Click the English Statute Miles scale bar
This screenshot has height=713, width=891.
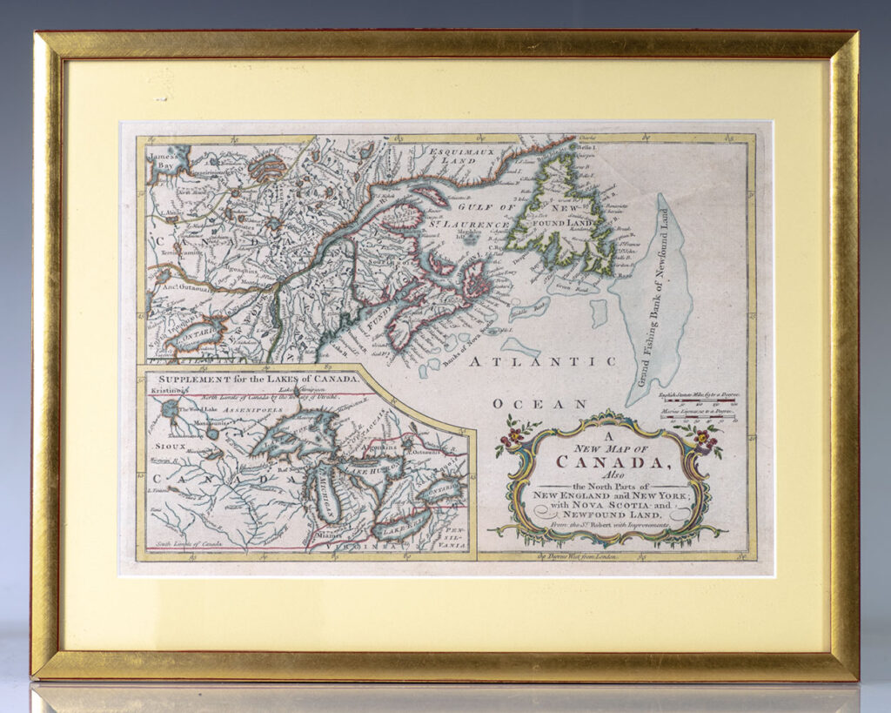pyautogui.click(x=695, y=404)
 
